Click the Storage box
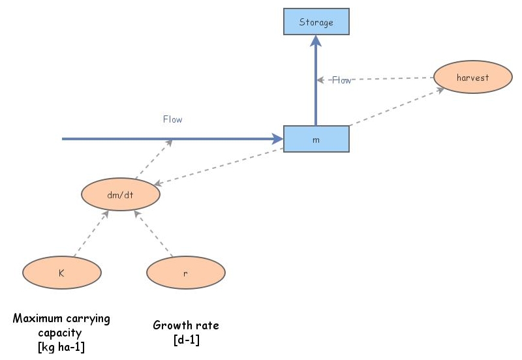click(316, 22)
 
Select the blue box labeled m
click(316, 139)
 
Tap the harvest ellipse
click(472, 77)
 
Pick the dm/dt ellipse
click(121, 194)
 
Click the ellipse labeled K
click(62, 273)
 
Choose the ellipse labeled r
click(186, 273)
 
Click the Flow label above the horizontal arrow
click(172, 119)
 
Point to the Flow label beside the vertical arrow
click(341, 80)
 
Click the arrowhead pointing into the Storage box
click(316, 41)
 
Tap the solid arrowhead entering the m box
click(278, 139)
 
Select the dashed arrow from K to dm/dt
click(91, 233)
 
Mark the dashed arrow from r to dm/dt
click(153, 233)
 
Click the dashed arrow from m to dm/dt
click(219, 166)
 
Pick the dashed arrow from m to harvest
click(397, 106)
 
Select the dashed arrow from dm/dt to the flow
click(154, 158)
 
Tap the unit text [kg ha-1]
click(61, 347)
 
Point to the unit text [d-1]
click(187, 340)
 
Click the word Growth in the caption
click(168, 325)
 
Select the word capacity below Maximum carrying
click(60, 333)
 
